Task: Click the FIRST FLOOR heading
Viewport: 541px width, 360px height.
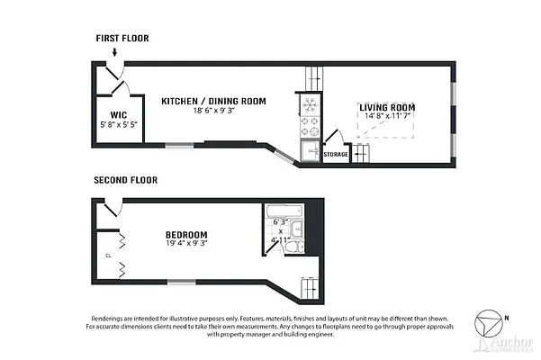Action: [122, 39]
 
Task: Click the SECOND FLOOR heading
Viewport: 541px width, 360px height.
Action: [126, 180]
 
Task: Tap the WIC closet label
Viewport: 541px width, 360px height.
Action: [117, 114]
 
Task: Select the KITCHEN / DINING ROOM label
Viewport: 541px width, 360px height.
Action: [213, 101]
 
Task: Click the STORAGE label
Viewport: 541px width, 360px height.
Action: [336, 154]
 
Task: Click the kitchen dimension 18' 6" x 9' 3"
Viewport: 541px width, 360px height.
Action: [213, 112]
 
